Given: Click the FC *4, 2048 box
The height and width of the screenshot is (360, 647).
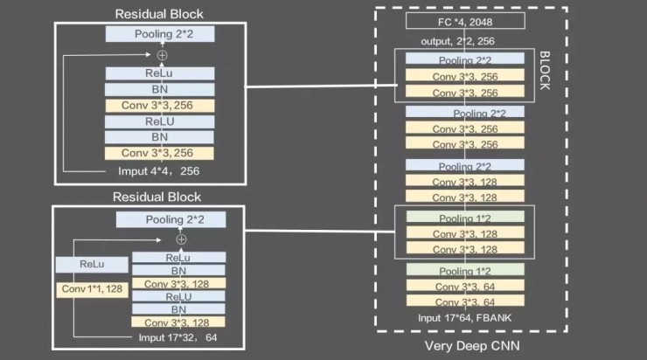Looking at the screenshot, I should click(x=465, y=21).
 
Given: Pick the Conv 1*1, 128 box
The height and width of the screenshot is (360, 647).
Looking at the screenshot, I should click(x=91, y=288).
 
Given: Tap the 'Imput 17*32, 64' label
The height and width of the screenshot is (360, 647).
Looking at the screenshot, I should click(x=177, y=336).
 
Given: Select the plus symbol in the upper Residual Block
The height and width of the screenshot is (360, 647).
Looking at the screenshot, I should click(x=161, y=55).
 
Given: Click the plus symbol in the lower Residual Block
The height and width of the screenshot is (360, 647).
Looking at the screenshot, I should click(x=181, y=239).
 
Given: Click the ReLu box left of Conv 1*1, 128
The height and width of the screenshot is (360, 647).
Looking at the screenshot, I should click(x=91, y=264).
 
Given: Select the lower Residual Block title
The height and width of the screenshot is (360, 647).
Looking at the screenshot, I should click(x=159, y=197).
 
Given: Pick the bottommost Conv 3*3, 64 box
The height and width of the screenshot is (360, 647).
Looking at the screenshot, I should click(x=464, y=301).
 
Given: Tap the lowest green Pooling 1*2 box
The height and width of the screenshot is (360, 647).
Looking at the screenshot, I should click(x=464, y=271).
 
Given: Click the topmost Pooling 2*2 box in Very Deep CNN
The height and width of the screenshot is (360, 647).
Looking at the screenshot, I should click(x=464, y=59).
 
